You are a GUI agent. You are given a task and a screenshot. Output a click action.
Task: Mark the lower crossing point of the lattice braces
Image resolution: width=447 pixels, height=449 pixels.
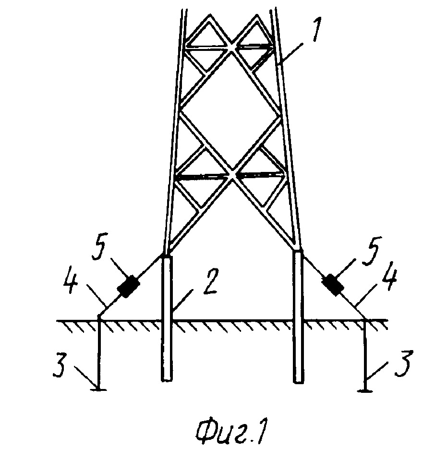pyautogui.click(x=232, y=176)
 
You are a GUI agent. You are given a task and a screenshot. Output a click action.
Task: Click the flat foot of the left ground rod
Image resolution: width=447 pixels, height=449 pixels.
pyautogui.click(x=99, y=389)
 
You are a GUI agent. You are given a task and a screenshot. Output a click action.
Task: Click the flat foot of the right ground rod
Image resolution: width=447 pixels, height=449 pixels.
pyautogui.click(x=365, y=390)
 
